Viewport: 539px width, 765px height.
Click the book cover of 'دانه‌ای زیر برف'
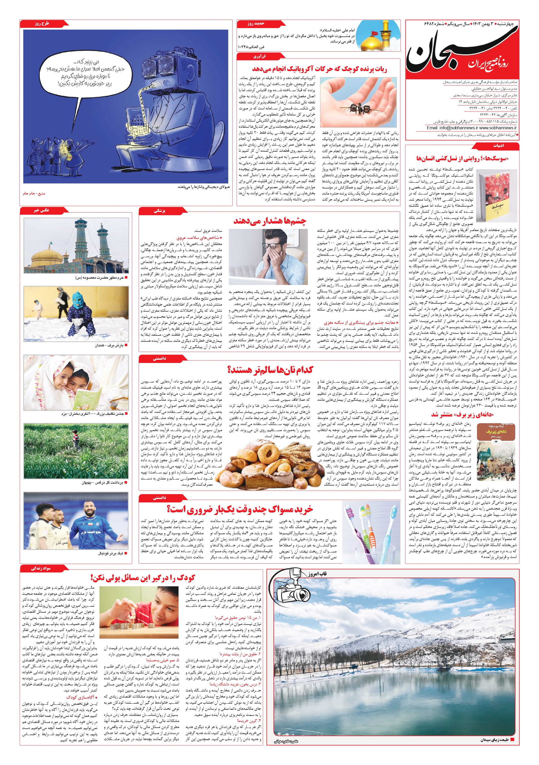point(496,451)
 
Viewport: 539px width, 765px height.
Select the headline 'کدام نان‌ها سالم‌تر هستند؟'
point(270,370)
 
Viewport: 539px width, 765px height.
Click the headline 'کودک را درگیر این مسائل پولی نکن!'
point(142,578)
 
